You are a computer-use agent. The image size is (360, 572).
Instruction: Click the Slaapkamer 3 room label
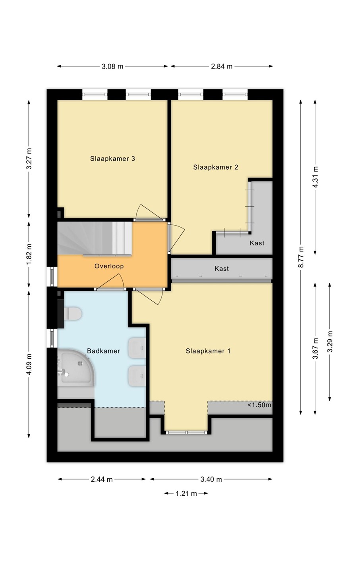tap(112, 158)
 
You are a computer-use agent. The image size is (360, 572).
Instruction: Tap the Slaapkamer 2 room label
tap(215, 167)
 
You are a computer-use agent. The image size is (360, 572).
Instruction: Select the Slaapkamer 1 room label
tap(208, 351)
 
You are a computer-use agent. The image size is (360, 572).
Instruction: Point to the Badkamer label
tap(103, 351)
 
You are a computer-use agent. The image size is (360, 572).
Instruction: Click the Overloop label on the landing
tap(109, 266)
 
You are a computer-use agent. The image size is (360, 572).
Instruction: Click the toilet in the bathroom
tap(73, 313)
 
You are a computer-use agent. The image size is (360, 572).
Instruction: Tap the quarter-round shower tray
tap(76, 367)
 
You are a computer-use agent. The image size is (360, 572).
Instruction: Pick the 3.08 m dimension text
tap(112, 66)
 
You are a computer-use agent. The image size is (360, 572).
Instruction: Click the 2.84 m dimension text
tap(221, 66)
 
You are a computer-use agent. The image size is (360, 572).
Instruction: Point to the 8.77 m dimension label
tap(301, 257)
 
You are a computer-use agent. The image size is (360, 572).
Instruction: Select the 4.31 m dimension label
tap(315, 177)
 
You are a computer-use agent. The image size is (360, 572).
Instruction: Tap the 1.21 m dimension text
tap(186, 493)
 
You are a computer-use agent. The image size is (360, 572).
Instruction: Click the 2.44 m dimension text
tap(102, 479)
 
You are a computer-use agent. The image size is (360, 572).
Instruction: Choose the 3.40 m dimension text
tap(211, 479)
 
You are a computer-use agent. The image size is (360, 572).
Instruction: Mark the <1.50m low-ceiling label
tap(259, 405)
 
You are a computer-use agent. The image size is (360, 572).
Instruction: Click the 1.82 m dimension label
tap(29, 254)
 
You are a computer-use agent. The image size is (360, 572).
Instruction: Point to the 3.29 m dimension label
tap(330, 342)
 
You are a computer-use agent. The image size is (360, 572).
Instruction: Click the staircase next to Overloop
tap(95, 238)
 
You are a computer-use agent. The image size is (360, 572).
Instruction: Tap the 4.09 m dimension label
tap(29, 364)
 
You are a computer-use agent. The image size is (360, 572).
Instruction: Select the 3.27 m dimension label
tap(29, 158)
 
